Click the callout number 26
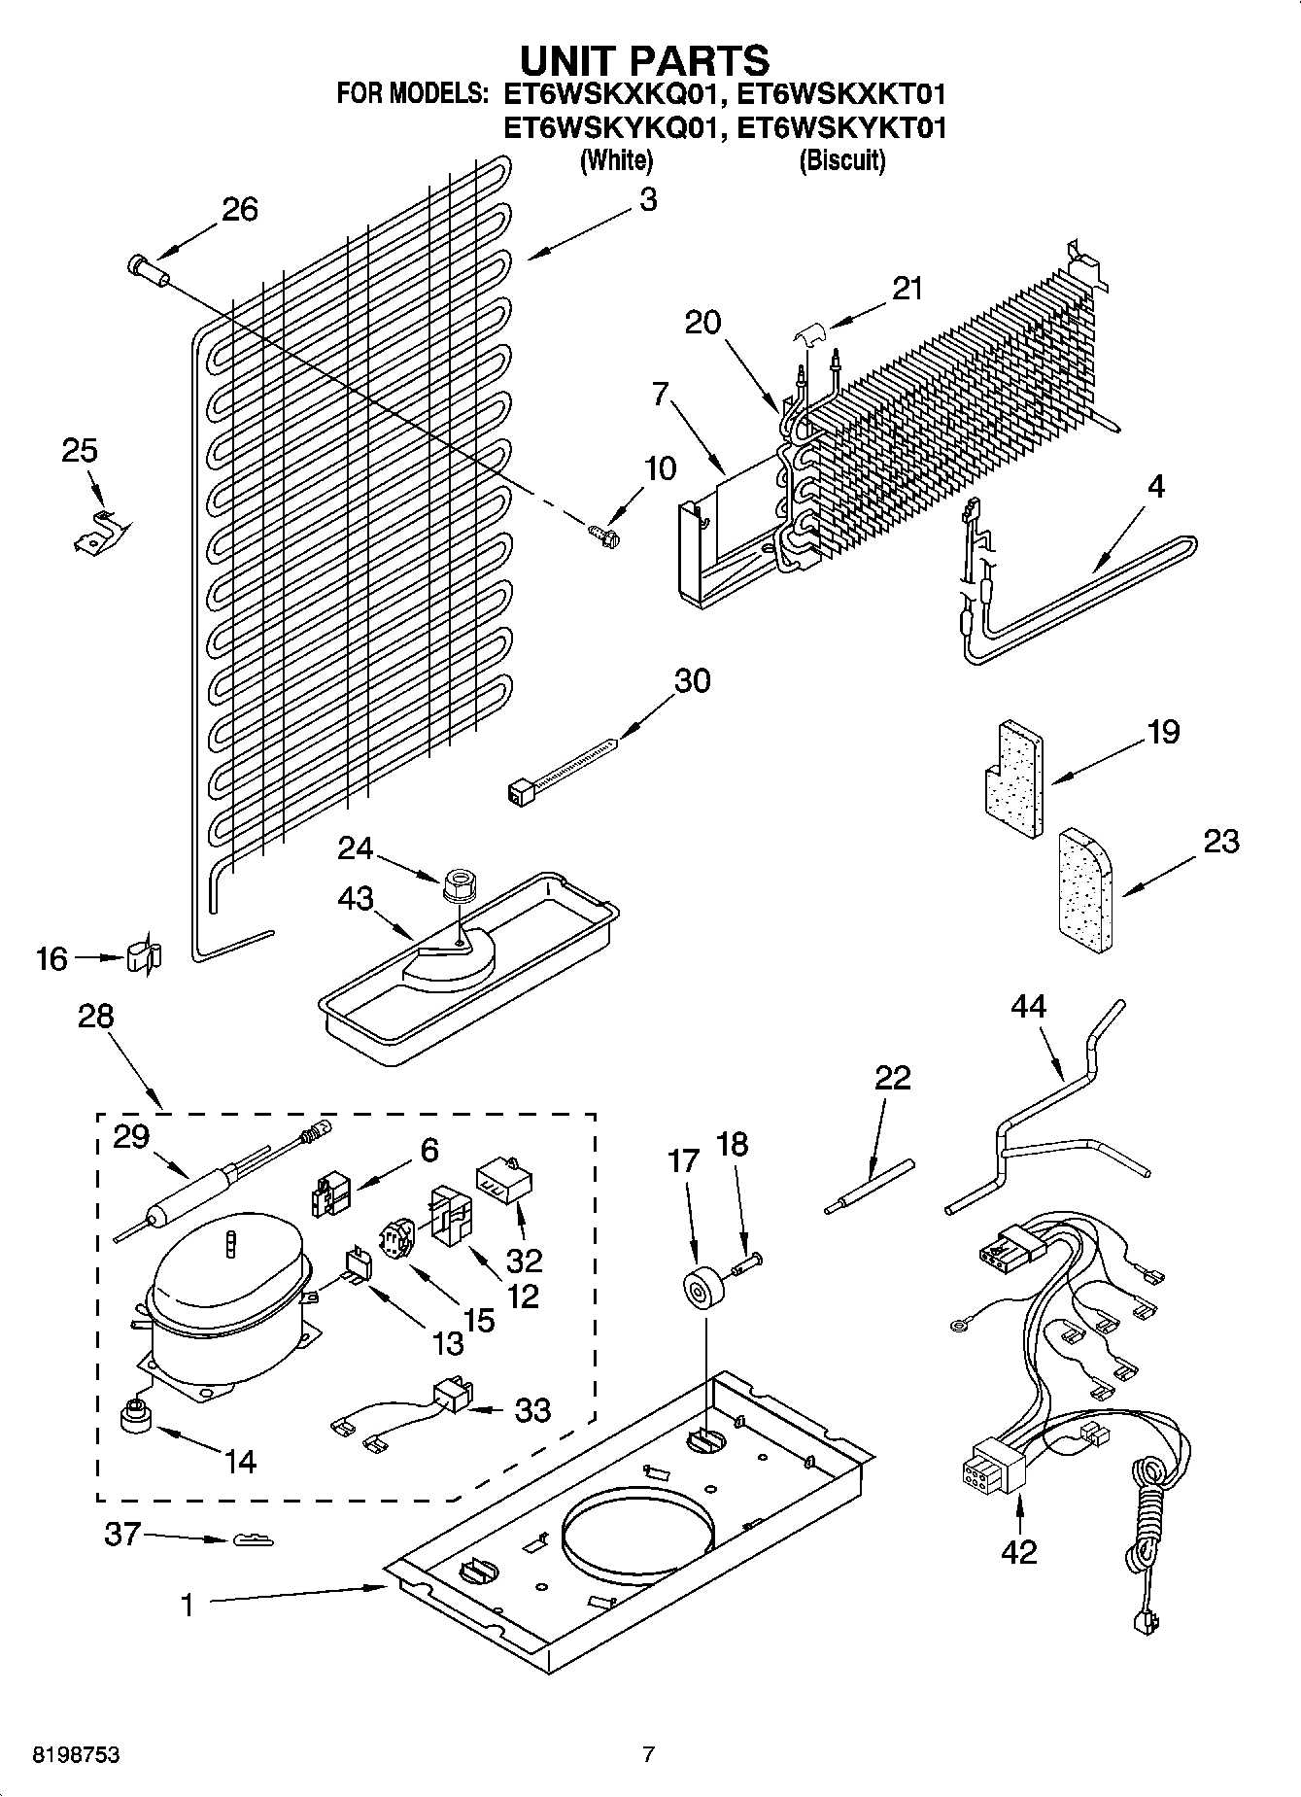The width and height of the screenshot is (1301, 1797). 240,209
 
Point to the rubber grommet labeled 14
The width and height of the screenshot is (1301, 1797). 137,1419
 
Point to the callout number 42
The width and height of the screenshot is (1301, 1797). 1018,1552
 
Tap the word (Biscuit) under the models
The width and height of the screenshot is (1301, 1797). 841,160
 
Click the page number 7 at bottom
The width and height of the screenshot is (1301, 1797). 649,1754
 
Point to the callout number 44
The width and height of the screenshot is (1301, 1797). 1028,1006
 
